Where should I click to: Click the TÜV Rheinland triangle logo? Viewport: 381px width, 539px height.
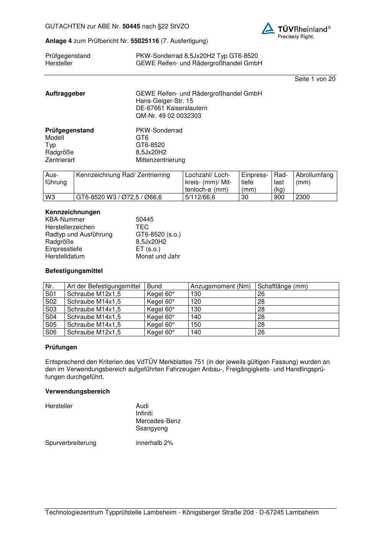coord(268,28)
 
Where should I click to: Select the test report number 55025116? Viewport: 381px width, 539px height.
coord(145,41)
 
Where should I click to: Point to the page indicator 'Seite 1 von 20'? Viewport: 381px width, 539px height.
coord(315,79)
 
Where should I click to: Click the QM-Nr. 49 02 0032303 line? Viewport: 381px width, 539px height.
coord(168,116)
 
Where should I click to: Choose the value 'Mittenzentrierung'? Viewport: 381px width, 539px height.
coord(160,160)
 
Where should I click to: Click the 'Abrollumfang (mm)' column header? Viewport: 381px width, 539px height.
coord(314,179)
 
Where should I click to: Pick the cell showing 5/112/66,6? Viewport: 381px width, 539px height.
coord(200,197)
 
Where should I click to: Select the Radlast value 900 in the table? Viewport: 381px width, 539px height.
coord(279,197)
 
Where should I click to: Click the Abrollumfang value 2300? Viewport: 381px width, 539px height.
coord(303,197)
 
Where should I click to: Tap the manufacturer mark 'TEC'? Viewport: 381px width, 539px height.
coord(142,227)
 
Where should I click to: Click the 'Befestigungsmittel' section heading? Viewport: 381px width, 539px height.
coord(74,271)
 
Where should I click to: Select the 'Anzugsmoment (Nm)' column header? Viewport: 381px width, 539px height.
coord(220,286)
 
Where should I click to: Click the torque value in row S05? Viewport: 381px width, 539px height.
coord(196,324)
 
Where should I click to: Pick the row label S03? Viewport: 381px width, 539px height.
coord(51,309)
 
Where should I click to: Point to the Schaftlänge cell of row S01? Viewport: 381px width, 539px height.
coord(261,294)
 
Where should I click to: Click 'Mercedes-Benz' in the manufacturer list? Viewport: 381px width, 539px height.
coord(158,421)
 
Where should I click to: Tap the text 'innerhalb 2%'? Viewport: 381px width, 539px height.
coord(154,443)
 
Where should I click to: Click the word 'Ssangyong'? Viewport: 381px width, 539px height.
coord(152,428)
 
